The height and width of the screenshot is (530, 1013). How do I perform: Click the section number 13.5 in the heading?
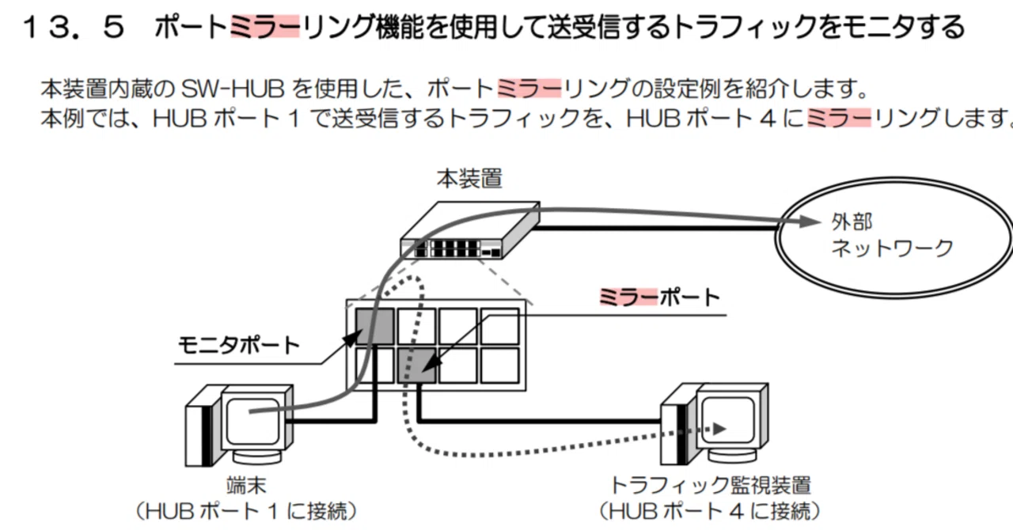(x=74, y=27)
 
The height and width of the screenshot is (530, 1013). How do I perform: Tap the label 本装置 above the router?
(x=469, y=179)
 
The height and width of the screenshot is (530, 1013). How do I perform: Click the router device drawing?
(x=470, y=231)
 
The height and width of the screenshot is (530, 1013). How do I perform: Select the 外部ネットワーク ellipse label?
(x=892, y=235)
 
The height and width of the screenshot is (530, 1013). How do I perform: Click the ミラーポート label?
(x=660, y=297)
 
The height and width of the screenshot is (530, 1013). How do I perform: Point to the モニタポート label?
(x=239, y=346)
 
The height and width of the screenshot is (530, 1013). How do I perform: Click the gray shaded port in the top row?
(x=374, y=327)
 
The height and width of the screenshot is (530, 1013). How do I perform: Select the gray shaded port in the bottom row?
(x=417, y=365)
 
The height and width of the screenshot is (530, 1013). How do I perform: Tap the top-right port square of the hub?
(x=499, y=327)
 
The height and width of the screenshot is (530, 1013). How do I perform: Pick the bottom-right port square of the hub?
(x=499, y=365)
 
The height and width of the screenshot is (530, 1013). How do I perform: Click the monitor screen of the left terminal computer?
(x=252, y=422)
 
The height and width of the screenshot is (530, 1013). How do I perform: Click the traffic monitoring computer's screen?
(x=727, y=421)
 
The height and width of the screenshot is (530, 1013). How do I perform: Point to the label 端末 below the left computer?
(x=246, y=486)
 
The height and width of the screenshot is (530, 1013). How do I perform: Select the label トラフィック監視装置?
(x=711, y=486)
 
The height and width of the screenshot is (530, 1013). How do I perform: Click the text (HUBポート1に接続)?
(x=246, y=512)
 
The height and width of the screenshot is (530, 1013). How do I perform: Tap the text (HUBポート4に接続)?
(x=710, y=512)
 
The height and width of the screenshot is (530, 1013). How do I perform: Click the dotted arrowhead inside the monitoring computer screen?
(x=719, y=428)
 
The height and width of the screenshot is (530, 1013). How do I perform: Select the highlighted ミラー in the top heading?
(x=265, y=27)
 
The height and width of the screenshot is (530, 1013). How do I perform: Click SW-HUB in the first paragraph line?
(x=233, y=89)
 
